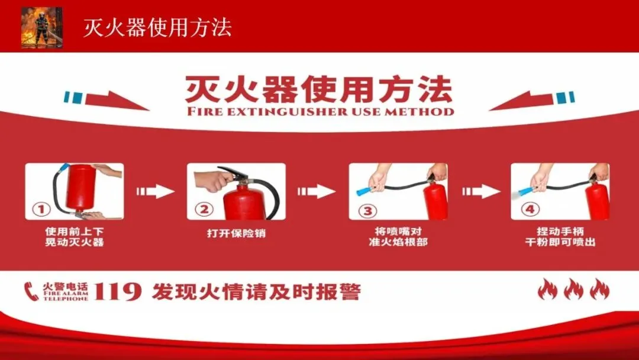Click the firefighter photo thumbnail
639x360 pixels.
[x=42, y=27]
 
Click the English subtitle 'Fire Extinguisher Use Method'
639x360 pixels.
[x=320, y=111]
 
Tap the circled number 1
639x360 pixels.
[x=41, y=210]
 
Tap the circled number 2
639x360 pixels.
[x=204, y=210]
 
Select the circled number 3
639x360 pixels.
[x=367, y=211]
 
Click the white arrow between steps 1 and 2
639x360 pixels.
[x=155, y=191]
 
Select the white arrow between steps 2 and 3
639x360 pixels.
[x=317, y=191]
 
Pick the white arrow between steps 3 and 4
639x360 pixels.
[x=481, y=191]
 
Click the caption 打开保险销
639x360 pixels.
[x=236, y=234]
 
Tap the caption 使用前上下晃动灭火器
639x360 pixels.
[x=74, y=237]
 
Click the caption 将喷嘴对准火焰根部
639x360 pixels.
[x=398, y=237]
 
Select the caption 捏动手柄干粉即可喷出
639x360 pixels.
[x=560, y=237]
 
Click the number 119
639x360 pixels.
[x=117, y=292]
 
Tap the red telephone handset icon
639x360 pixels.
[x=31, y=291]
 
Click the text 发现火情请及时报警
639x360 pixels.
[x=256, y=292]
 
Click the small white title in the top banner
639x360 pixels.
[x=157, y=28]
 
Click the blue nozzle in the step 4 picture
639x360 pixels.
[x=526, y=191]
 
